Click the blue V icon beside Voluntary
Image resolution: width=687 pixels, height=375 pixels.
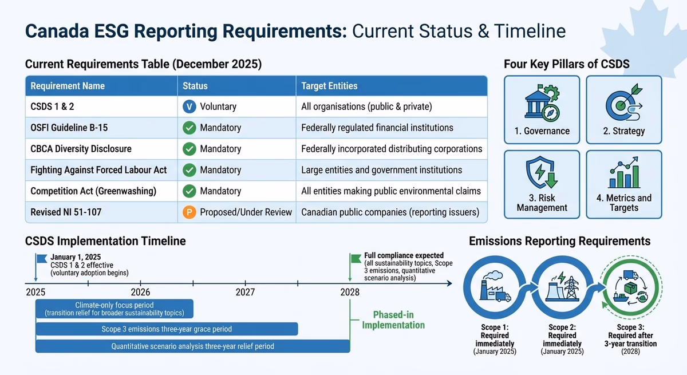click(x=189, y=106)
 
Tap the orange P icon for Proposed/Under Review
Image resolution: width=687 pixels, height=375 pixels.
click(x=189, y=212)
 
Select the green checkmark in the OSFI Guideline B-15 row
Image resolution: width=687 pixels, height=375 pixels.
click(x=189, y=128)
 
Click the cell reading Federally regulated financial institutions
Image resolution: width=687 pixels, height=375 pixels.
click(x=377, y=128)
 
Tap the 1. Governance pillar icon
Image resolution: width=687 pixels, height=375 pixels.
click(x=542, y=102)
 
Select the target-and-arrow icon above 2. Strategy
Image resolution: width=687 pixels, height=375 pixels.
click(x=623, y=103)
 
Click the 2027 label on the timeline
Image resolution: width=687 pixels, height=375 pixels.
click(x=245, y=292)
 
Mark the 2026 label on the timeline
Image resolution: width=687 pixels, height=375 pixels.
click(x=140, y=292)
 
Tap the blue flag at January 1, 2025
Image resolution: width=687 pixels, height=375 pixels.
click(x=41, y=259)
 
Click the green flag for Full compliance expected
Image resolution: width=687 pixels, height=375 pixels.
click(x=355, y=259)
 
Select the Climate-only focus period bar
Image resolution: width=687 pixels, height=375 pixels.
click(x=114, y=309)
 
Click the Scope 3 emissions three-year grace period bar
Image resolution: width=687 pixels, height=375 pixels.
click(x=167, y=329)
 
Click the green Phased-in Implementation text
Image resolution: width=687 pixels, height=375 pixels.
click(x=393, y=320)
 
